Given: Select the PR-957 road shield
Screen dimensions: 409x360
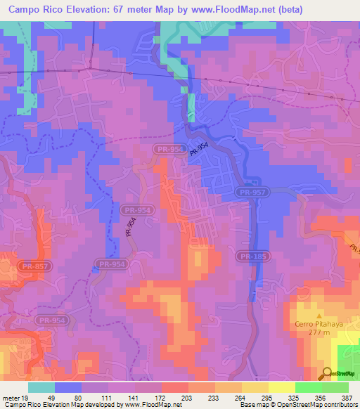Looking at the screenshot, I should (x=251, y=191).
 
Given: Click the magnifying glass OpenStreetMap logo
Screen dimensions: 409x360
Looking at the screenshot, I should (x=327, y=373).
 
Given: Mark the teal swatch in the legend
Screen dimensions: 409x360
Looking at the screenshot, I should (x=41, y=387).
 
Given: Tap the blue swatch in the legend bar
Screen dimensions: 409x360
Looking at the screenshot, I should (x=68, y=387).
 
